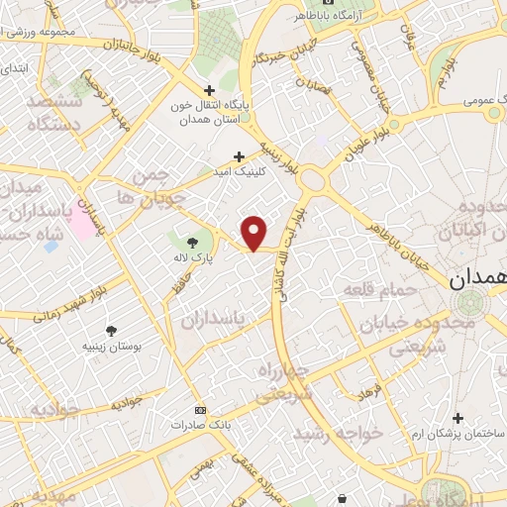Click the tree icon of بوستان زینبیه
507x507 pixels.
[x=110, y=329]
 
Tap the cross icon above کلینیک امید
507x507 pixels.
[x=239, y=155]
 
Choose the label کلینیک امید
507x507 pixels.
[x=239, y=171]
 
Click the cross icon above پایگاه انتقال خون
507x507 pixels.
[x=209, y=90]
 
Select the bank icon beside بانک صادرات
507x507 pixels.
[x=201, y=410]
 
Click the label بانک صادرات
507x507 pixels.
[x=193, y=425]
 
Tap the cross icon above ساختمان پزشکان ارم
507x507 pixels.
[x=457, y=418]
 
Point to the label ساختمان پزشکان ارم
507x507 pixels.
[x=457, y=434]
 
